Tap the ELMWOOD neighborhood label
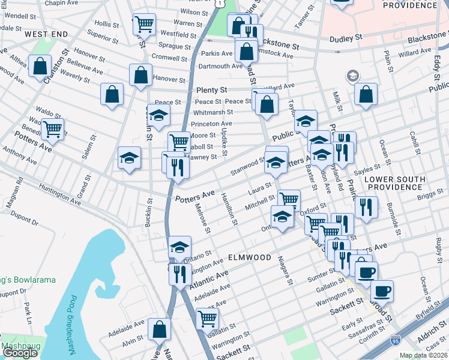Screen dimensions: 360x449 tap(250, 257)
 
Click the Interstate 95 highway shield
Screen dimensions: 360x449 tap(395, 340)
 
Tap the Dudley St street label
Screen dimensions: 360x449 tap(346, 38)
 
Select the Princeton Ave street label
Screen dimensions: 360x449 tap(211, 124)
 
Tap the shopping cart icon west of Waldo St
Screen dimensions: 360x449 tap(52, 128)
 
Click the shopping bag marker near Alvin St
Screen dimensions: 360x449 tap(160, 329)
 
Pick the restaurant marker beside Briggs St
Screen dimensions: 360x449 tap(366, 207)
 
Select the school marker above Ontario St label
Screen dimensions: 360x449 tap(179, 247)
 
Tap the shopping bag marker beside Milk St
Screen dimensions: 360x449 tap(365, 94)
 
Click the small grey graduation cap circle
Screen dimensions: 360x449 tap(352, 76)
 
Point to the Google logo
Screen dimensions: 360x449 tap(20, 352)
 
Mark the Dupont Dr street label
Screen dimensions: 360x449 tap(24, 221)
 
